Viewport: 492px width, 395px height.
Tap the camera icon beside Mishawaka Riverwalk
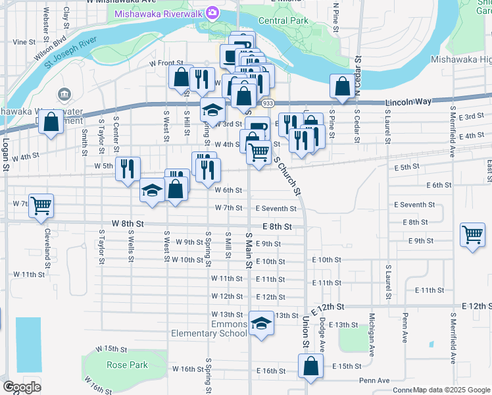(212, 13)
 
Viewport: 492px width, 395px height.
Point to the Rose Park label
(128, 365)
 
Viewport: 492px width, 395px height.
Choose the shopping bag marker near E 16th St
(310, 367)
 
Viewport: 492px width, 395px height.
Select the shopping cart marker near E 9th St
(473, 234)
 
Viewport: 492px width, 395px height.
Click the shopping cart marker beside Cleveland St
(41, 205)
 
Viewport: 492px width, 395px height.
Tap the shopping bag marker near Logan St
(51, 122)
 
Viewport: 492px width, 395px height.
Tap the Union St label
(306, 332)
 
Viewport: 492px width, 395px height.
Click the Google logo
(22, 386)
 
